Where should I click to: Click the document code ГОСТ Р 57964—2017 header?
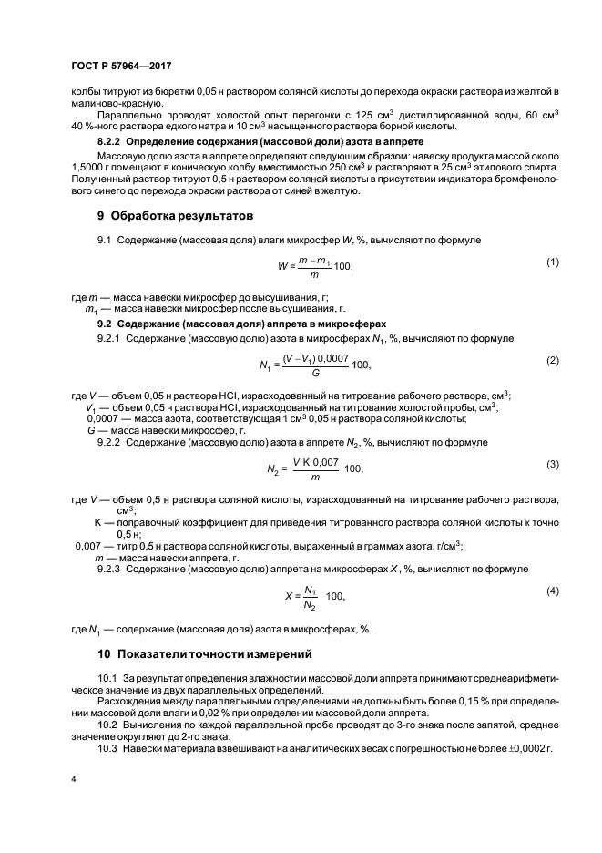[x=121, y=67]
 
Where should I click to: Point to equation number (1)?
[x=552, y=262]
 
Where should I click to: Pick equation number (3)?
[x=552, y=464]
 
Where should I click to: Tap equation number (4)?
[x=552, y=591]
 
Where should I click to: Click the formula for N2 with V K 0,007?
[x=315, y=468]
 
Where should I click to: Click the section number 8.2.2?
[x=110, y=143]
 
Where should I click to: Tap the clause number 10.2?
[x=107, y=725]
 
